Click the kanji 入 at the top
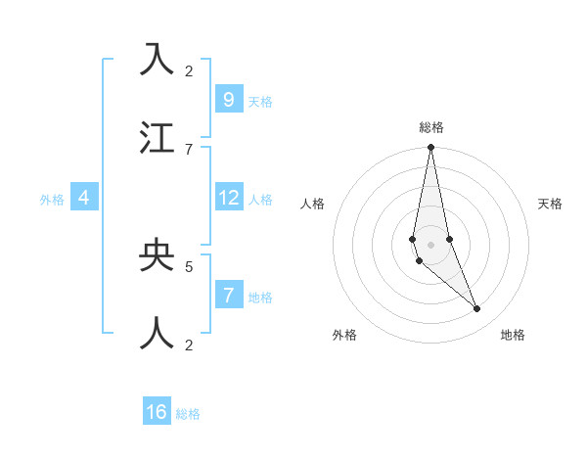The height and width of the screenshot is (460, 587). (x=157, y=60)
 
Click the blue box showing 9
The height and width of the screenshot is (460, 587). (x=228, y=99)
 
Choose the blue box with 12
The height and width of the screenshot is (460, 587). (x=228, y=198)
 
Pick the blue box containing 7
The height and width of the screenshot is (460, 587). (x=228, y=295)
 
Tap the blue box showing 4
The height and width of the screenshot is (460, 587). (x=84, y=198)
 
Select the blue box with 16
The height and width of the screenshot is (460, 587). (x=157, y=412)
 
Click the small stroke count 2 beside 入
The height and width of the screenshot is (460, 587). (x=189, y=71)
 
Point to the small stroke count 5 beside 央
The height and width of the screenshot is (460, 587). (x=189, y=265)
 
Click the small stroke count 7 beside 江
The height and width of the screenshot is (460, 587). (x=189, y=149)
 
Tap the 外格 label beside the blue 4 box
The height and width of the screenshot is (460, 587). (x=52, y=200)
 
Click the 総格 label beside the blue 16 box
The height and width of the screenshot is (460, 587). (x=188, y=414)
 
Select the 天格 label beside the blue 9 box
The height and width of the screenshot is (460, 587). (x=260, y=101)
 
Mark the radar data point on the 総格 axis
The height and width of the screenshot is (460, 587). (x=430, y=148)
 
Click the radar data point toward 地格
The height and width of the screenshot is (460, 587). (x=476, y=308)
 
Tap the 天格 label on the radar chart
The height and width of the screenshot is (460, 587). (x=550, y=204)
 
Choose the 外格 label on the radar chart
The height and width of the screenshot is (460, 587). (x=344, y=335)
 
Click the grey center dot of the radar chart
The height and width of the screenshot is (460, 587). (x=430, y=244)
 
